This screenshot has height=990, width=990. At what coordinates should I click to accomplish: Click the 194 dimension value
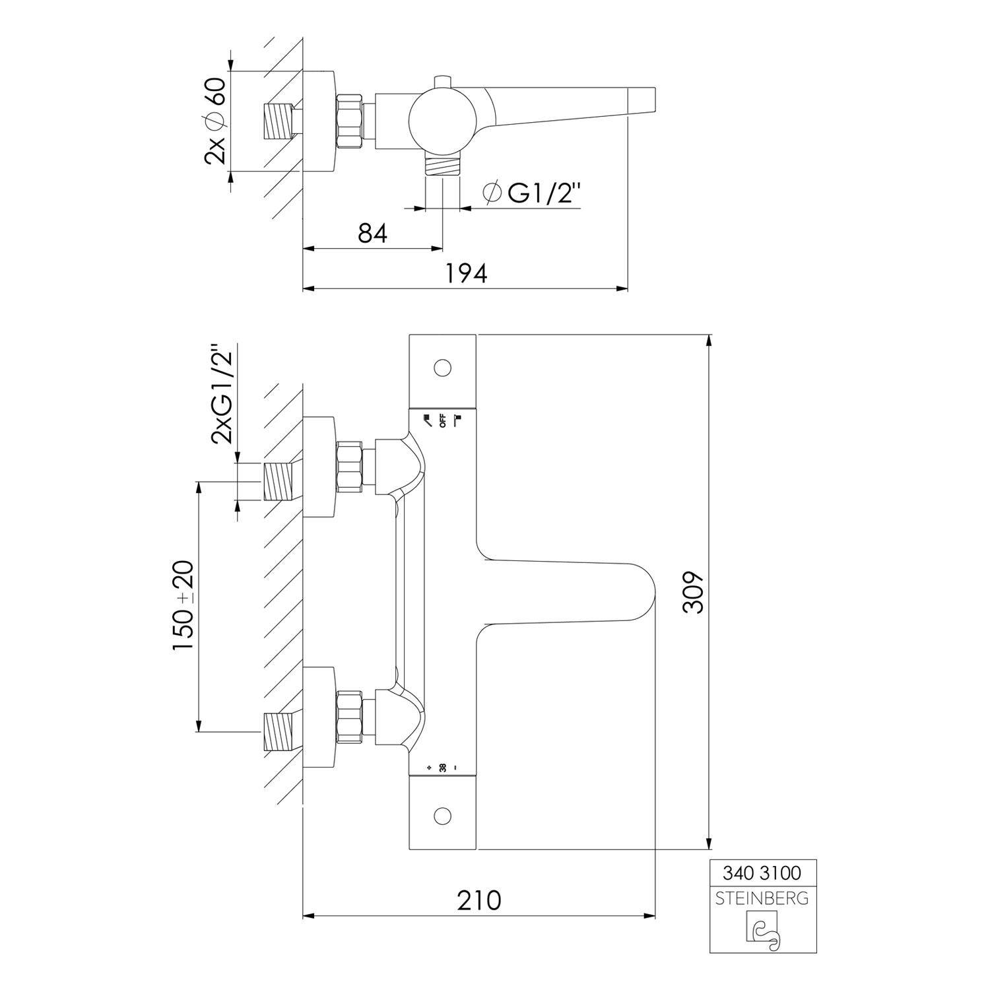point(465,273)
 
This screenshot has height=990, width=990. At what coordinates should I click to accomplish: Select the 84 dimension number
point(372,233)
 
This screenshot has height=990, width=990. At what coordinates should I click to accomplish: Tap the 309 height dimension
point(693,593)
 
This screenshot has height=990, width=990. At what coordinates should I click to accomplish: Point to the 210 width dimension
point(478,900)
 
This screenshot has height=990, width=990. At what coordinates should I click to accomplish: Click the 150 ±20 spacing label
point(183,606)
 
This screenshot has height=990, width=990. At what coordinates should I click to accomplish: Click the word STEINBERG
point(762,898)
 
